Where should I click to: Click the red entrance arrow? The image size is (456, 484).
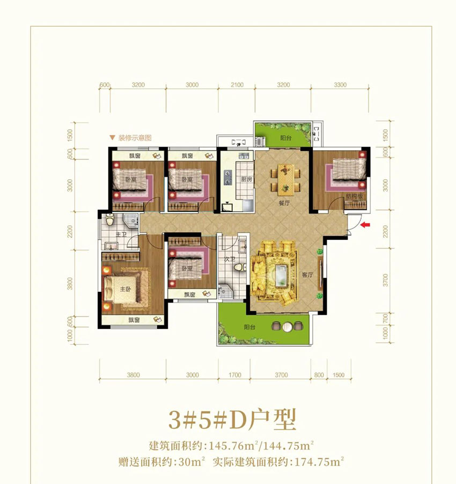365,225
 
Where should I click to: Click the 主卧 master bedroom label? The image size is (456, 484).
125,289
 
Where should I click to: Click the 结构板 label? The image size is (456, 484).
355,196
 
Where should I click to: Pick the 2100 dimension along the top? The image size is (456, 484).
237,85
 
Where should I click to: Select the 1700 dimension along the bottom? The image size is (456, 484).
234,375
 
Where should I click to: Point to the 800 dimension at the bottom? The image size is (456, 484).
319,375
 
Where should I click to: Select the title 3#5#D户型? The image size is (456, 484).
232,419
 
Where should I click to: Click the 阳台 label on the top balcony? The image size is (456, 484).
286,138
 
